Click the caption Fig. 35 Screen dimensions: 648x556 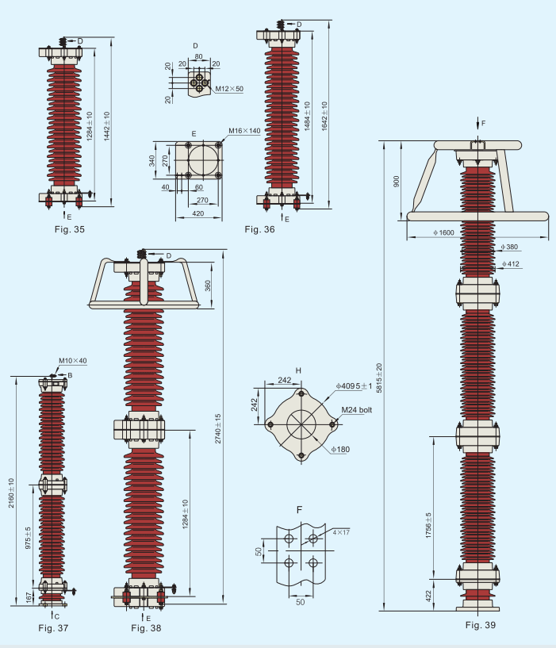click(69, 228)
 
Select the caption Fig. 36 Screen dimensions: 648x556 click(259, 229)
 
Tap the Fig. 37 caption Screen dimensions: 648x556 click(53, 627)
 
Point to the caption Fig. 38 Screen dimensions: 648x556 click(146, 628)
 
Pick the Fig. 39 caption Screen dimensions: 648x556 click(481, 625)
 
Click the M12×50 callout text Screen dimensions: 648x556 click(228, 90)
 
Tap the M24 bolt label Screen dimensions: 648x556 click(357, 410)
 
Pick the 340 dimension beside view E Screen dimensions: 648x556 click(152, 162)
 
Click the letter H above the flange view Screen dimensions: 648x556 click(298, 370)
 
